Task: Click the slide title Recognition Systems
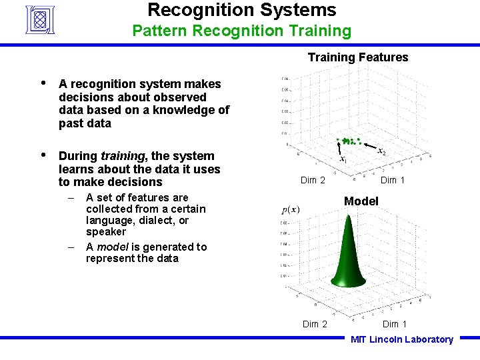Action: point(241,11)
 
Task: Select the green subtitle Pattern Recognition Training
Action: point(241,31)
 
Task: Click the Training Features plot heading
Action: point(357,57)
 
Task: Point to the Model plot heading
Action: point(361,201)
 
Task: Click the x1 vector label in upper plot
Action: point(343,160)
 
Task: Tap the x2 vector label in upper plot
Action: point(381,152)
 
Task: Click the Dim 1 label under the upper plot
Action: point(393,180)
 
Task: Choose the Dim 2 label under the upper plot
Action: point(313,180)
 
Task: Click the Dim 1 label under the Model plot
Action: point(394,324)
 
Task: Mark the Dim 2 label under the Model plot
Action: point(315,324)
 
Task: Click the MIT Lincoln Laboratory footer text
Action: point(401,339)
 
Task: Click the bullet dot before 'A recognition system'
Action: point(43,83)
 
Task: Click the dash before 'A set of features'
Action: point(71,197)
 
